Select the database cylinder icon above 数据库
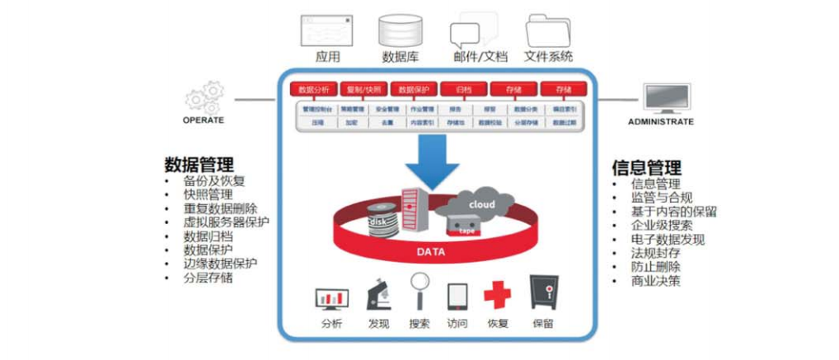click(400, 30)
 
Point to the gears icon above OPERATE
click(204, 96)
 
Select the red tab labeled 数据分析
click(312, 89)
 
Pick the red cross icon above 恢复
click(497, 294)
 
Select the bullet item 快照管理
click(208, 194)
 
